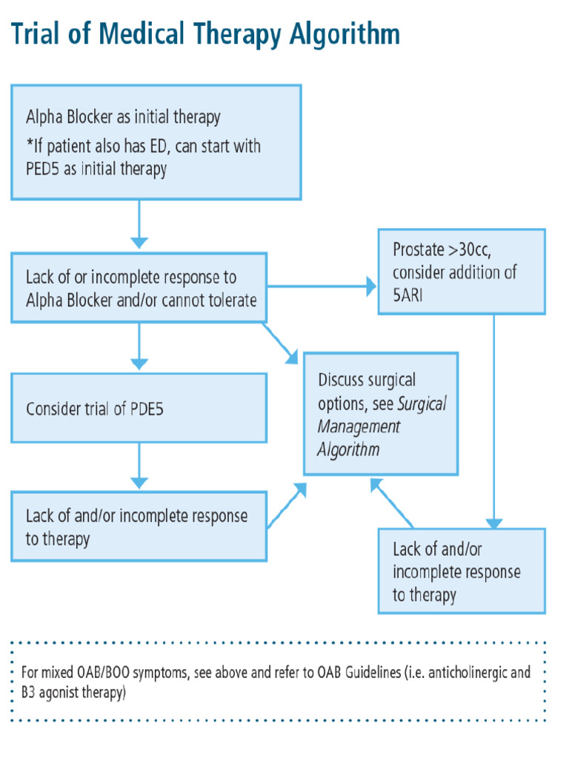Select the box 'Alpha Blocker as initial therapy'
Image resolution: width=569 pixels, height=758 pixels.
click(156, 142)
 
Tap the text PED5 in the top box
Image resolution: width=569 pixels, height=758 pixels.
click(45, 169)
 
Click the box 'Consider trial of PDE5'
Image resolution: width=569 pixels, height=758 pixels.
click(139, 408)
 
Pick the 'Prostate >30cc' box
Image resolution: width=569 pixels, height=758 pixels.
click(461, 272)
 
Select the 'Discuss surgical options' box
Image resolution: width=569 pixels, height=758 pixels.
click(380, 414)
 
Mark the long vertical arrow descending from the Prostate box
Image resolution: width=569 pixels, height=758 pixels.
click(493, 422)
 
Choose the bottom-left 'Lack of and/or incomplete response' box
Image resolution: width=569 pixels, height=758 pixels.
click(139, 526)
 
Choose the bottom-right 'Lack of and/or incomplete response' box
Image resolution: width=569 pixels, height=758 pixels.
click(461, 571)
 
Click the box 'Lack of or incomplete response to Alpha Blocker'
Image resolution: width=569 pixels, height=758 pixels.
click(139, 289)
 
